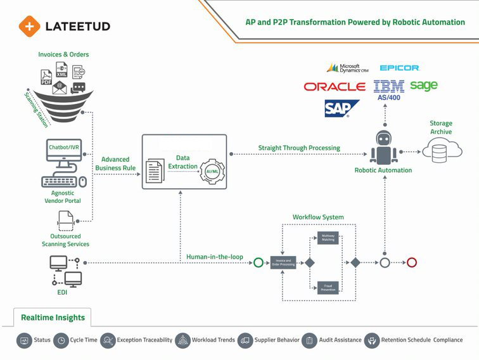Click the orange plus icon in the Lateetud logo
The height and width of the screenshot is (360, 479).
(x=29, y=26)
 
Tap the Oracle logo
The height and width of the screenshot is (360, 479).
(x=334, y=87)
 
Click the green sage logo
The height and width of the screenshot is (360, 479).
(x=423, y=85)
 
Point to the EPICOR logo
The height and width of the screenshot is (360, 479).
(x=399, y=68)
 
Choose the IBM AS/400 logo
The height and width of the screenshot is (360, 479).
(x=388, y=89)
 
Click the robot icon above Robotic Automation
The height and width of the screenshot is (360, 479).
(x=383, y=147)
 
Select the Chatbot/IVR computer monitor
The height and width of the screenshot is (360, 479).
(x=64, y=153)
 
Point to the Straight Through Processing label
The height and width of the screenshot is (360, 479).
(x=298, y=148)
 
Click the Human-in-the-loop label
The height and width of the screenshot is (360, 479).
(x=214, y=257)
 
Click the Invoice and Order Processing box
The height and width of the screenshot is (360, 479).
(x=283, y=262)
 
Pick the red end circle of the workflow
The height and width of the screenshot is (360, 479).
(x=412, y=262)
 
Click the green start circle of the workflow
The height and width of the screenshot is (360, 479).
(x=258, y=262)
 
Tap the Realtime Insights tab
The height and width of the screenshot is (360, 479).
(x=53, y=317)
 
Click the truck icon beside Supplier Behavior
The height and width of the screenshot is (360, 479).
(x=245, y=340)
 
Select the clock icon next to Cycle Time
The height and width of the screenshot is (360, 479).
(x=61, y=340)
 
